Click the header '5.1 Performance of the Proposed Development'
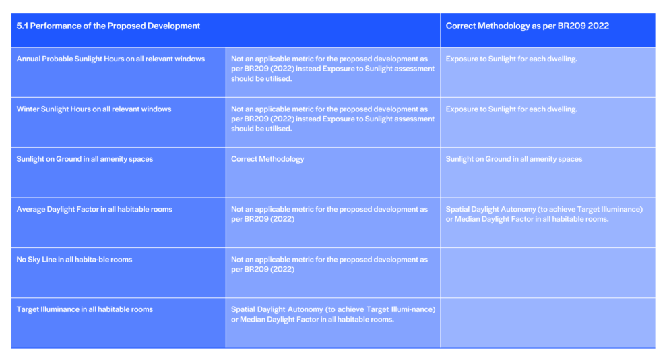tap(108, 26)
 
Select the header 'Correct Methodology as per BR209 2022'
tap(527, 26)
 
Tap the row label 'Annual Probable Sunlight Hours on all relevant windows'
tap(110, 59)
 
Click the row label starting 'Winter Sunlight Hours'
tap(94, 109)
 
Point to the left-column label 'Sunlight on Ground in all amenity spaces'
tap(84, 159)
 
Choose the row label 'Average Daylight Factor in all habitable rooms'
tap(94, 210)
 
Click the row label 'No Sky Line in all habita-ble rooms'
tap(74, 260)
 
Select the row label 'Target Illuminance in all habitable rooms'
tap(84, 310)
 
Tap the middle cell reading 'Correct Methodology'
tap(267, 159)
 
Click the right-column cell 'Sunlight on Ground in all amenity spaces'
tap(514, 159)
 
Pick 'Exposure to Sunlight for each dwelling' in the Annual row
tap(511, 59)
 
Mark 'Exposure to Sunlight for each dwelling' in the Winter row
tap(511, 109)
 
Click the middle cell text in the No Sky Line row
tap(329, 264)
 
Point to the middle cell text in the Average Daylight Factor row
tap(329, 214)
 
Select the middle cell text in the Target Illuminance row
tap(333, 314)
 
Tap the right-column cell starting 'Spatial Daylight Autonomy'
tap(544, 214)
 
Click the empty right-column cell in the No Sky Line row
tap(548, 273)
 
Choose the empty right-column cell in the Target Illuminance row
tap(548, 323)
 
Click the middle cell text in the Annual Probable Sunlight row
tap(333, 69)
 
